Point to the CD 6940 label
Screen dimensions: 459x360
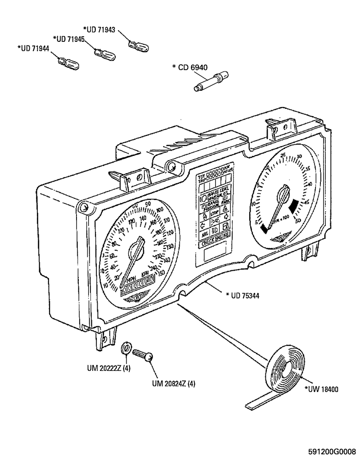189,67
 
